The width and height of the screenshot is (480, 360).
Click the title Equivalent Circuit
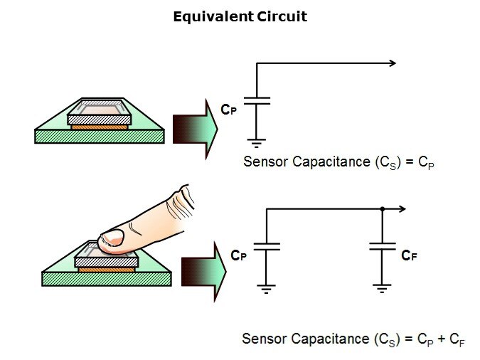point(240,16)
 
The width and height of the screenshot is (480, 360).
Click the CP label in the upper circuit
point(228,110)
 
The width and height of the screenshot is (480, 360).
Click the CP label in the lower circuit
point(238,255)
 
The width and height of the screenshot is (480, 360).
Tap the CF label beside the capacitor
point(409,255)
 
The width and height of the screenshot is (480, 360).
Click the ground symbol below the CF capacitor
point(383,288)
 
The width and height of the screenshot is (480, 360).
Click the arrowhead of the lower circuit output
point(402,209)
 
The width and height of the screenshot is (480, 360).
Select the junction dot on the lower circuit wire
point(383,209)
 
